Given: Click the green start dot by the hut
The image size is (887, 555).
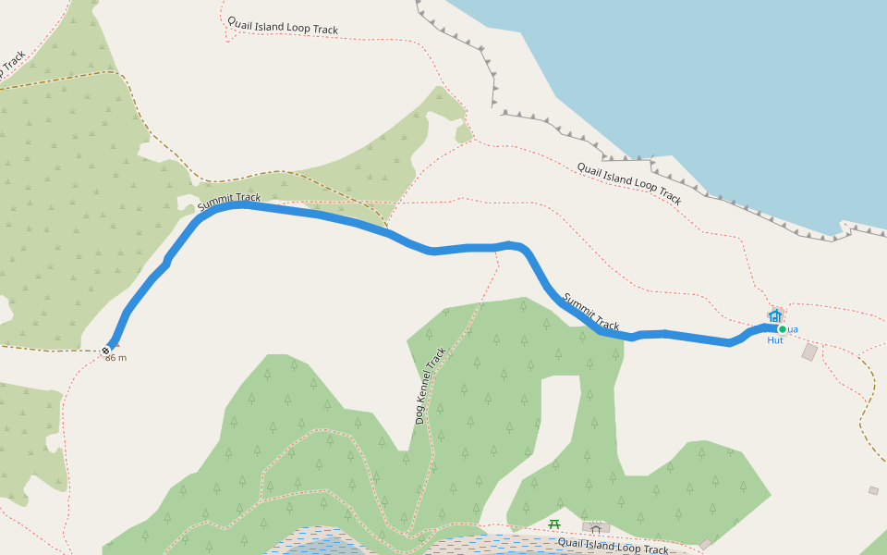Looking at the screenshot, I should coord(782,329).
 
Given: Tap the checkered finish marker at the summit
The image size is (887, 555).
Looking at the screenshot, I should coord(106,350).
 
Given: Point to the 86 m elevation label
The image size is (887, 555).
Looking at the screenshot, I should coord(115,358).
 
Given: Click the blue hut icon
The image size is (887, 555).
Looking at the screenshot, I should coord(774,316).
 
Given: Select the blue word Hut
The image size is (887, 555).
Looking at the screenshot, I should coord(774,340).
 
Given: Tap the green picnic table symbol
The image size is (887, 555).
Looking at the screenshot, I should coord(554,524).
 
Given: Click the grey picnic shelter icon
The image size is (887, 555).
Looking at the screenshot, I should coord(596,528).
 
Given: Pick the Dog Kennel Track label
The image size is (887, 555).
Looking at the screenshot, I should coord(431,386).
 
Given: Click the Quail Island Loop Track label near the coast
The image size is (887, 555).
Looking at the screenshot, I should coord(629,183).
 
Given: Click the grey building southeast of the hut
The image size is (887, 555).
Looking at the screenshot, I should coord(809,352).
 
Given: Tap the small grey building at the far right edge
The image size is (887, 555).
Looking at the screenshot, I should coord(873,490).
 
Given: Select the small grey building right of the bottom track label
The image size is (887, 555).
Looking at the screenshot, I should coord(706,544).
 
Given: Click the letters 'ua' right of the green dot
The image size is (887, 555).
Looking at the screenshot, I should coord(793,329).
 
